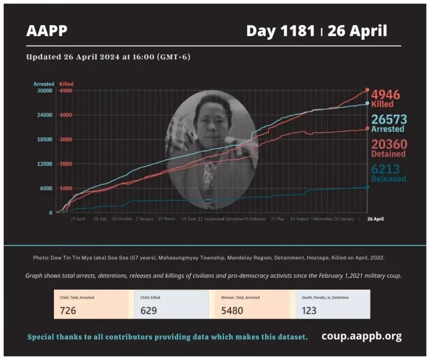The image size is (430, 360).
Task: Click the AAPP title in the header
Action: tap(47, 31)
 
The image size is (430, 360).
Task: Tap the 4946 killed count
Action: tap(385, 95)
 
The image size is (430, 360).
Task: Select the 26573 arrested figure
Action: tap(389, 119)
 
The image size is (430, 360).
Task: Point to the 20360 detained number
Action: tap(389, 144)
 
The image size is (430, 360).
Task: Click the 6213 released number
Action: tap(386, 169)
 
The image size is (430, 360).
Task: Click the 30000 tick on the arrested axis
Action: tap(44, 91)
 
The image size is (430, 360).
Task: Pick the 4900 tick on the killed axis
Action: tap(66, 91)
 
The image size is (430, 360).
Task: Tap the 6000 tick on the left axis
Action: tap(46, 189)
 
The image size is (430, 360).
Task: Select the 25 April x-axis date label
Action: tap(78, 219)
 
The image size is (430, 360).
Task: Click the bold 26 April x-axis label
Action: tap(375, 219)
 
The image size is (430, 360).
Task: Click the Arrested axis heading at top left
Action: tap(44, 84)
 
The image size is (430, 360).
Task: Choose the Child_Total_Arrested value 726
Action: tap(68, 310)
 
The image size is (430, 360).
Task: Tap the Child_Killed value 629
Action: tap(149, 310)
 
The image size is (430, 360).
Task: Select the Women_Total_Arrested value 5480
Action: tap(232, 310)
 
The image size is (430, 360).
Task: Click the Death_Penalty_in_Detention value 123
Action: tap(309, 310)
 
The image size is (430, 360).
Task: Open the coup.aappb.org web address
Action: tap(361, 336)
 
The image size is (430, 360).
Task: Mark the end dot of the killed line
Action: tap(367, 90)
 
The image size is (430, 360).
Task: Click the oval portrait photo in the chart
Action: tap(212, 149)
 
